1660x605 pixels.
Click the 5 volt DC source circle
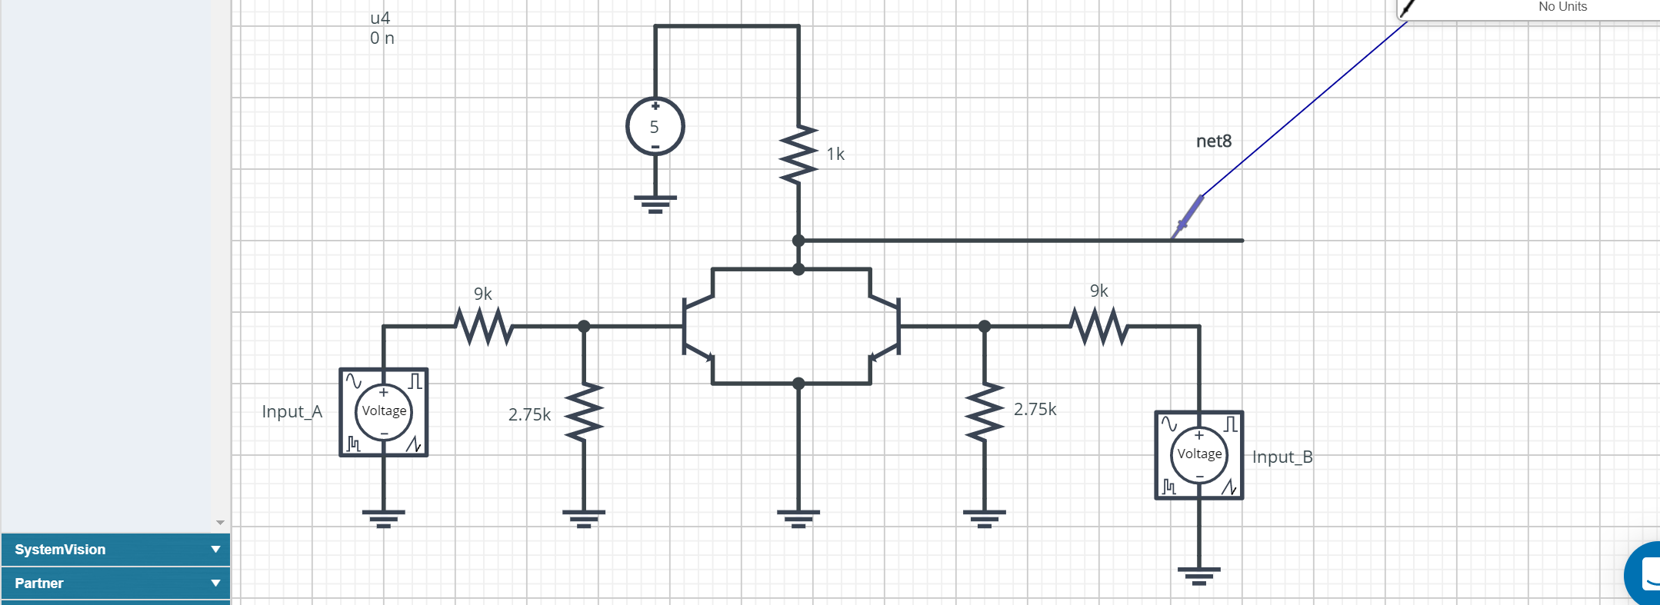(x=655, y=126)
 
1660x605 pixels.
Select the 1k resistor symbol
(x=798, y=155)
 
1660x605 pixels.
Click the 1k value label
(x=835, y=154)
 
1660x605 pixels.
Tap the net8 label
(x=1214, y=141)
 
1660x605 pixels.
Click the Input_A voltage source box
(x=384, y=412)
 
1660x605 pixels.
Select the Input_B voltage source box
(x=1198, y=455)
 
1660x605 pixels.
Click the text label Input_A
(x=292, y=411)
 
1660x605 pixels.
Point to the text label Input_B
(x=1282, y=457)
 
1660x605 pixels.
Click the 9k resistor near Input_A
(x=484, y=326)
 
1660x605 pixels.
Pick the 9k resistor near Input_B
(x=1099, y=326)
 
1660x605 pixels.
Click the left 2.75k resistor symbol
(x=584, y=412)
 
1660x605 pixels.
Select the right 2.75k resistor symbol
(x=984, y=412)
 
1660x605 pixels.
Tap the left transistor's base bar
(x=684, y=327)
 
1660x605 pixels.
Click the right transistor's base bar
(x=898, y=327)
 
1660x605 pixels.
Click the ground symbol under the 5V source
(x=655, y=203)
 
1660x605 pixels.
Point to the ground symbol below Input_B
(x=1198, y=575)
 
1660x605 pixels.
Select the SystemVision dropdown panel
(x=115, y=550)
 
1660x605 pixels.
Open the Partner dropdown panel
(x=115, y=583)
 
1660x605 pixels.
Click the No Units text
(x=1562, y=7)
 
